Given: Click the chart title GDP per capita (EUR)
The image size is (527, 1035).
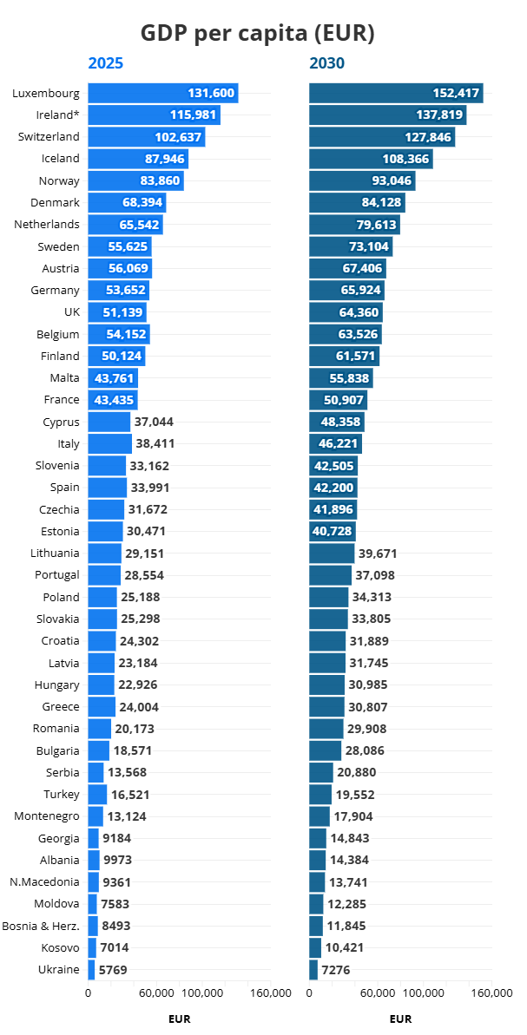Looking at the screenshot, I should click(257, 33).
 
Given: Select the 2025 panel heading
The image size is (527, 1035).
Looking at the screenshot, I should click(105, 63).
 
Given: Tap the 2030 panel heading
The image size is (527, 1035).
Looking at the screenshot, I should click(326, 63).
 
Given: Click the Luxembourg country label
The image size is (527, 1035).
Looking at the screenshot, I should click(46, 93).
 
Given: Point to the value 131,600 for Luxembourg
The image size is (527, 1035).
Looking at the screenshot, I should click(211, 93).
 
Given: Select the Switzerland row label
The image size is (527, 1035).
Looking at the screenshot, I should click(49, 136).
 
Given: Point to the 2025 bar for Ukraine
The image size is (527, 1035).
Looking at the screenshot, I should click(91, 969).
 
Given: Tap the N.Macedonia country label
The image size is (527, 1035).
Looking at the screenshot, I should click(44, 881).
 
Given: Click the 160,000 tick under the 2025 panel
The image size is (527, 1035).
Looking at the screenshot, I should click(271, 992).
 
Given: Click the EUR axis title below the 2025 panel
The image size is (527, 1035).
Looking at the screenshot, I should click(179, 1019).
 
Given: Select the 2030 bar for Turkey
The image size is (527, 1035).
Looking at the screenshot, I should click(320, 794).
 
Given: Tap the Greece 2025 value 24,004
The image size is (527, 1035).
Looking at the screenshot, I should click(139, 706).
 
